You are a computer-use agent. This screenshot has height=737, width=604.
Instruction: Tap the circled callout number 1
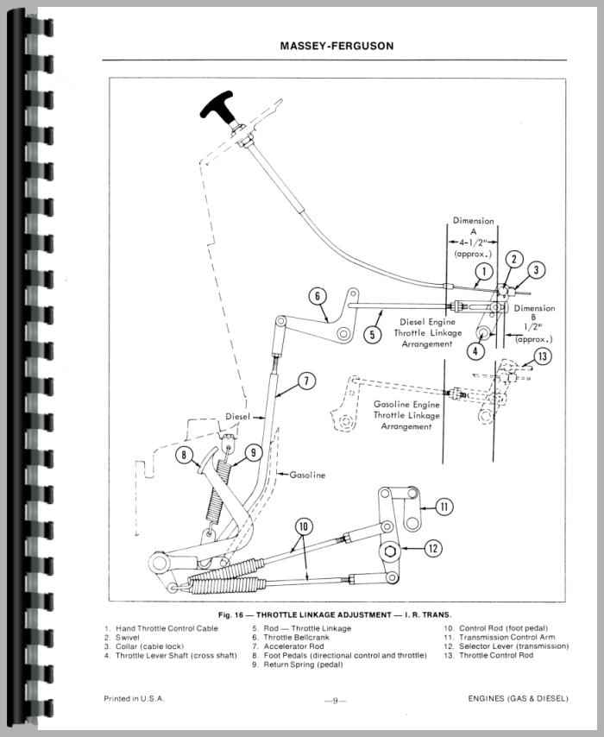click(484, 273)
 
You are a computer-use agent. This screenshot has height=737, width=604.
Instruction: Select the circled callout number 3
click(536, 270)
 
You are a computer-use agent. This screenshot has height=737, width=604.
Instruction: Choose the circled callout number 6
click(318, 298)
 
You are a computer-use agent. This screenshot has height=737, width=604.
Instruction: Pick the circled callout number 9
click(254, 451)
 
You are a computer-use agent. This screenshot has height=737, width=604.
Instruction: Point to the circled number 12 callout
click(432, 546)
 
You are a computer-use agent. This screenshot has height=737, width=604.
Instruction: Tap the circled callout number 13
click(541, 356)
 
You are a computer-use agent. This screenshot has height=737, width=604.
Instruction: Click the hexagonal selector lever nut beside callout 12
click(389, 551)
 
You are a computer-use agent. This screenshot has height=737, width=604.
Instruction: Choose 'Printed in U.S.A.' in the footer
click(133, 698)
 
